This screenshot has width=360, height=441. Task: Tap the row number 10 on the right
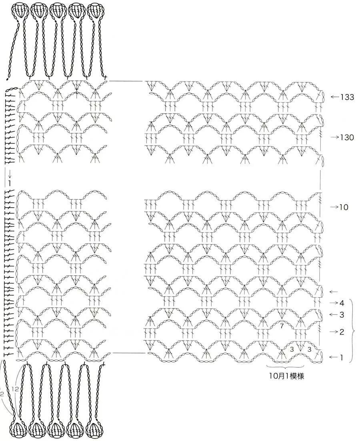[x=344, y=207]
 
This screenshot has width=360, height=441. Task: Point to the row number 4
[x=342, y=303]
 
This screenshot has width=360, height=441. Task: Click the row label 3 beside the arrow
[x=342, y=315]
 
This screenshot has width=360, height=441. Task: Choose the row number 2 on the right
[x=342, y=332]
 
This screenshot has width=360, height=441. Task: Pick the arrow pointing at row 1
[x=333, y=357]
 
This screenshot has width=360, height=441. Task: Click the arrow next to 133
[x=335, y=97]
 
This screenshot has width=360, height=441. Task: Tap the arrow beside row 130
[x=334, y=137]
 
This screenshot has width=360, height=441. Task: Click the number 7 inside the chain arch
[x=282, y=327]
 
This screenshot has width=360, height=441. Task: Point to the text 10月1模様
[x=286, y=377]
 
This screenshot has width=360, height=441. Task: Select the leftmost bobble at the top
[x=19, y=10]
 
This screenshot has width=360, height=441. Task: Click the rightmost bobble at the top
[x=95, y=10]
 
